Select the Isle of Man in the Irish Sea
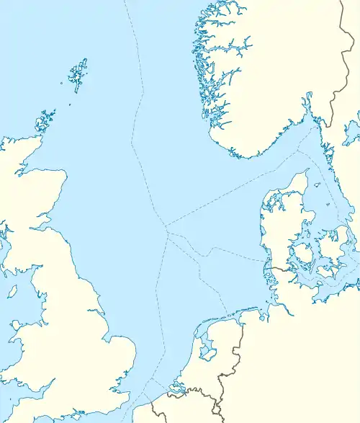tap(12, 292)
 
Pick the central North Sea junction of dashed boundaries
tap(167, 231)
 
